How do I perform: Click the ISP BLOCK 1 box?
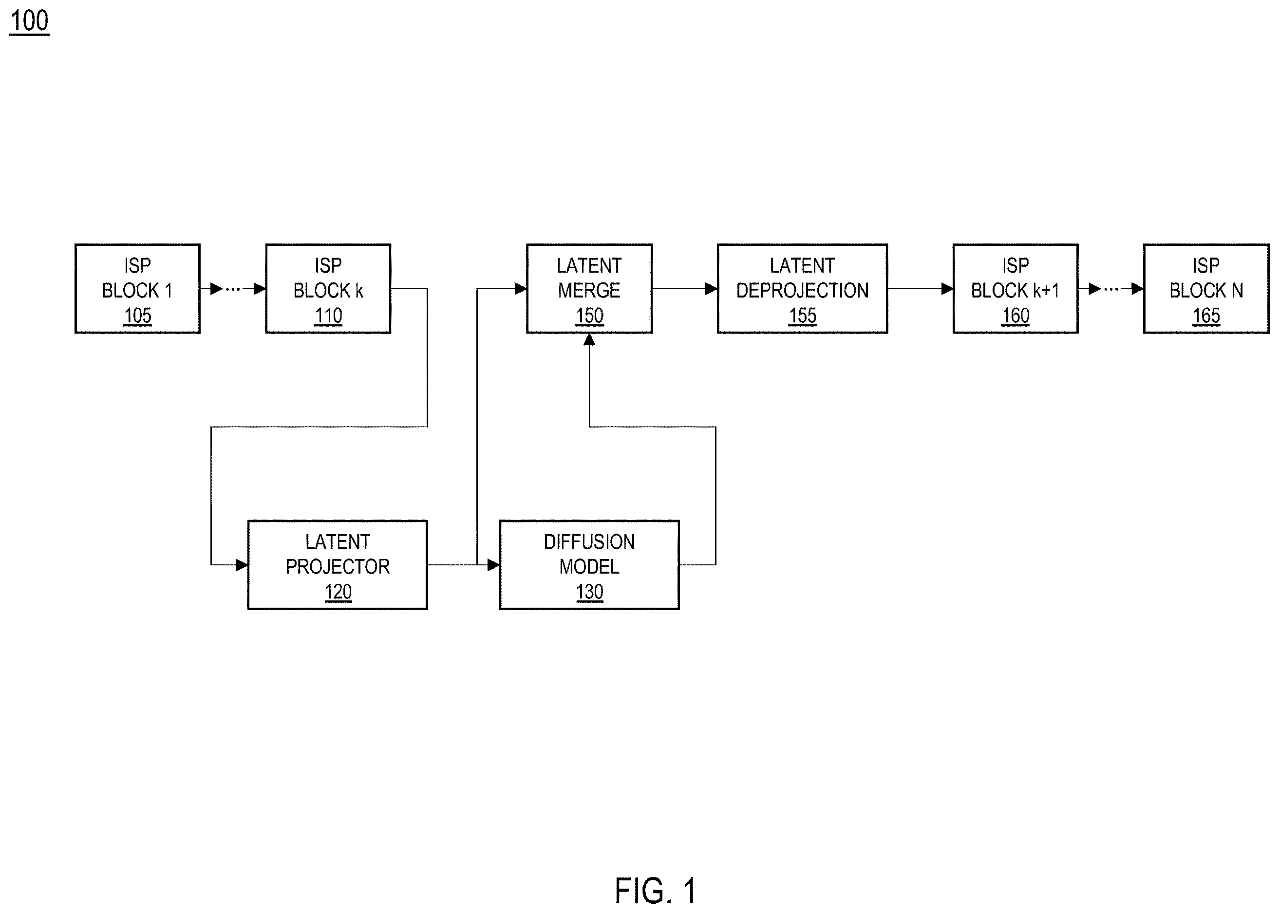(137, 288)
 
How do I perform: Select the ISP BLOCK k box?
(328, 288)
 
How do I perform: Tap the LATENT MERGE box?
(589, 288)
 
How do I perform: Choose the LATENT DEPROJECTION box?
(802, 288)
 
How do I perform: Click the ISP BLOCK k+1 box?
(1016, 288)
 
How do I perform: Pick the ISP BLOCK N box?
(1206, 288)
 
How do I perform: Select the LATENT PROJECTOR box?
(338, 565)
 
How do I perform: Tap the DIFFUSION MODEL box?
(589, 565)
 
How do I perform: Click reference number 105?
(137, 316)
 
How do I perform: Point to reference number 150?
(589, 316)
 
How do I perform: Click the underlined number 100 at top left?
(29, 21)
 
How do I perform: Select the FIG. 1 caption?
(655, 891)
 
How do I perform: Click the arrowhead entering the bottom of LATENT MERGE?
(589, 339)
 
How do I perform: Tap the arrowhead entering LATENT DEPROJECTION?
(711, 289)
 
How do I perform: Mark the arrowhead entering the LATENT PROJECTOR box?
(242, 565)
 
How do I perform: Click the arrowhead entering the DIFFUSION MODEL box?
(493, 565)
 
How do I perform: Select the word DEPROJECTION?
(802, 291)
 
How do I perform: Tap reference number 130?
(589, 592)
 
